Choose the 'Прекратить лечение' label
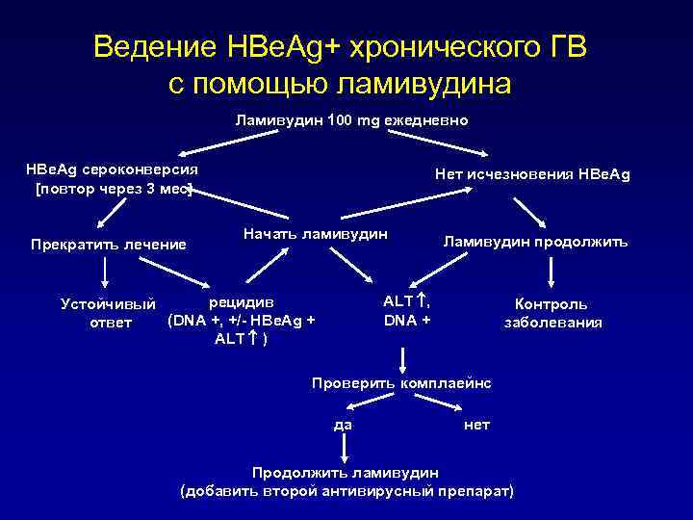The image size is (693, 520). (108, 244)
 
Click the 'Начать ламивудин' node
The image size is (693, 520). (316, 234)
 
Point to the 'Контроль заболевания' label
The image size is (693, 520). (552, 313)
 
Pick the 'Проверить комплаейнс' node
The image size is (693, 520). (401, 383)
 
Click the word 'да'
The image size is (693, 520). (342, 425)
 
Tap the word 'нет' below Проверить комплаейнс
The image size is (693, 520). (476, 425)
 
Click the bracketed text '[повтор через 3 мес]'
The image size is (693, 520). (114, 188)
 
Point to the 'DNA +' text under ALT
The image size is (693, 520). (407, 319)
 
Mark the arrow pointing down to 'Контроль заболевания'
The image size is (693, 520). (549, 275)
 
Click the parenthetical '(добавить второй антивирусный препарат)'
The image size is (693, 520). (347, 491)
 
